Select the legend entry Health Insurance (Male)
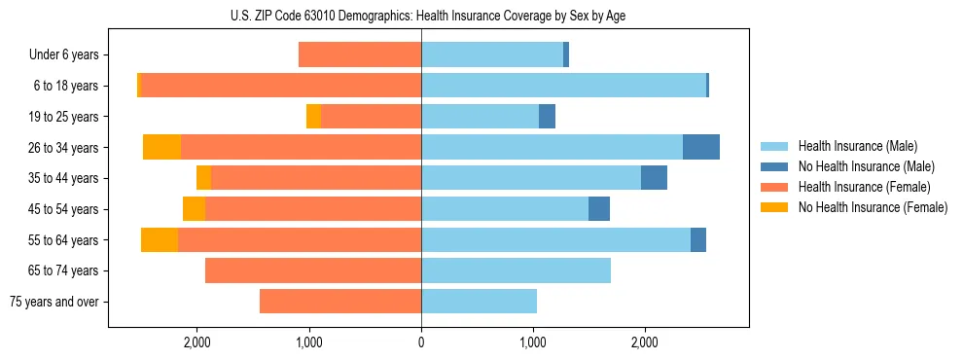coord(857,146)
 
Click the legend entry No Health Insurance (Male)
coord(866,166)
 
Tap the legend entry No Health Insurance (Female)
coord(873,207)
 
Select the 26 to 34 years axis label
coord(65,147)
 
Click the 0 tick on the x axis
coord(421,342)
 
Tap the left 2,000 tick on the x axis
coord(196,342)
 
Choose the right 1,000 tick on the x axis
coord(533,342)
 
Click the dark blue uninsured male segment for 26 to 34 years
coord(701,147)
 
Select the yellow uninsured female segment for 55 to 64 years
coord(160,239)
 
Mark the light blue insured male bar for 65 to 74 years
coord(516,270)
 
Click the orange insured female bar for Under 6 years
coord(360,54)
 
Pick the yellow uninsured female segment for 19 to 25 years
coord(313,116)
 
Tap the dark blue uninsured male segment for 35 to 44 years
coord(654,178)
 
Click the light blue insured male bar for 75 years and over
coord(479,302)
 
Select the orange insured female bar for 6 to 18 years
coord(281,86)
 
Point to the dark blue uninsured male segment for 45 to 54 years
coord(599,208)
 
